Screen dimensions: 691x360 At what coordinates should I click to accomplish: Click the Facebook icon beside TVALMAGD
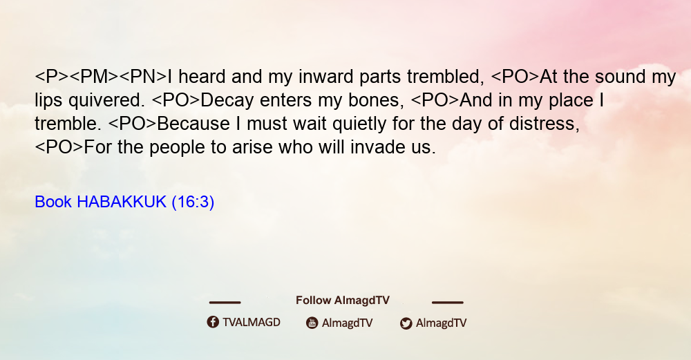pyautogui.click(x=213, y=322)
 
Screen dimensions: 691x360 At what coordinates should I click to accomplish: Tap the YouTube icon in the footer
pyautogui.click(x=312, y=323)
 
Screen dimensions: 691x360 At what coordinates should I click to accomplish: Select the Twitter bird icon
pyautogui.click(x=406, y=323)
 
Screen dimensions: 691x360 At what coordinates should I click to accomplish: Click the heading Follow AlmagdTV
pyautogui.click(x=343, y=301)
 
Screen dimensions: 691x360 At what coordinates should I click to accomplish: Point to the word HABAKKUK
pyautogui.click(x=122, y=202)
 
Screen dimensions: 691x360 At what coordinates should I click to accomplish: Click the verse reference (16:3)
pyautogui.click(x=193, y=202)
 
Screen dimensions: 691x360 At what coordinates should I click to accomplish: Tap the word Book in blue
pyautogui.click(x=53, y=202)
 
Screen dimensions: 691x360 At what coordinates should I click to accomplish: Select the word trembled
pyautogui.click(x=446, y=77)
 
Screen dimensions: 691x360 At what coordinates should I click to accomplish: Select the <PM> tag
pyautogui.click(x=94, y=77)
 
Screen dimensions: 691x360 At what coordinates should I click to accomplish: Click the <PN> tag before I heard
pyautogui.click(x=143, y=77)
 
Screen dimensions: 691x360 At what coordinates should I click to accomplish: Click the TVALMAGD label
pyautogui.click(x=252, y=322)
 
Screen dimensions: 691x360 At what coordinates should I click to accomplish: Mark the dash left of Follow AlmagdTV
pyautogui.click(x=225, y=302)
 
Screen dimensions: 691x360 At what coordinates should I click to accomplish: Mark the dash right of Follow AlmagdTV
pyautogui.click(x=448, y=302)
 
